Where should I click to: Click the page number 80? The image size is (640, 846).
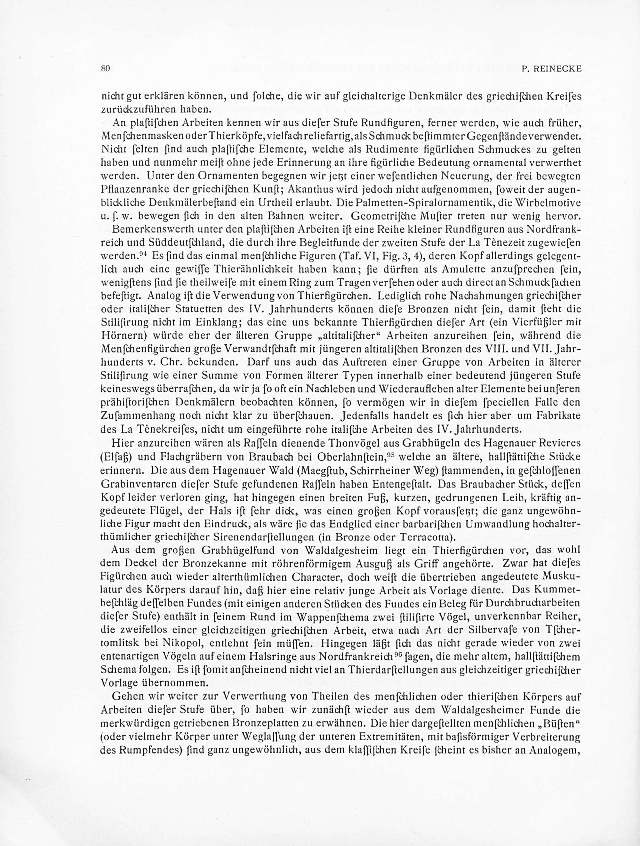click(x=106, y=69)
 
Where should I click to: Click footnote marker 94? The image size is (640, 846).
click(x=142, y=254)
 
